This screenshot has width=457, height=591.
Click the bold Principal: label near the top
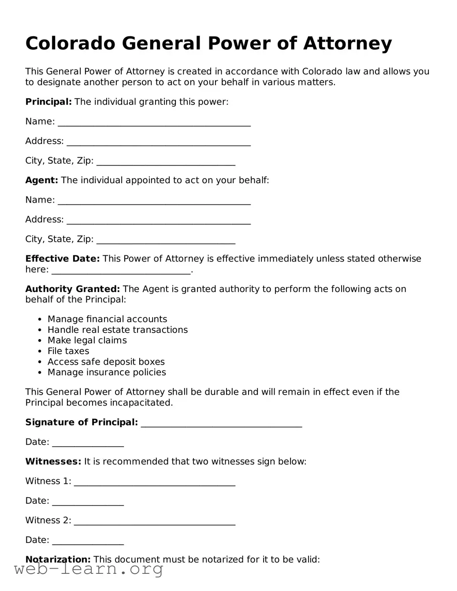point(48,102)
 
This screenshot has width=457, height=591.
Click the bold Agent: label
point(41,180)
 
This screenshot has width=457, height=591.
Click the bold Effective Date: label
point(62,259)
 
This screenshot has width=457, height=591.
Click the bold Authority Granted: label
point(72,289)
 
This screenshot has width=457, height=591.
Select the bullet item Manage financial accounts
point(107,319)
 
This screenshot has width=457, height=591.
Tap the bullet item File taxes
point(68,351)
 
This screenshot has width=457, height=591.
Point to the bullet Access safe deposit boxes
point(106,362)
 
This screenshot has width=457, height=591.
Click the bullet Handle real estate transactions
point(117,330)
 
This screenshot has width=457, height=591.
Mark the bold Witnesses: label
point(53,462)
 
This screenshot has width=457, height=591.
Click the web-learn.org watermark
point(89,569)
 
